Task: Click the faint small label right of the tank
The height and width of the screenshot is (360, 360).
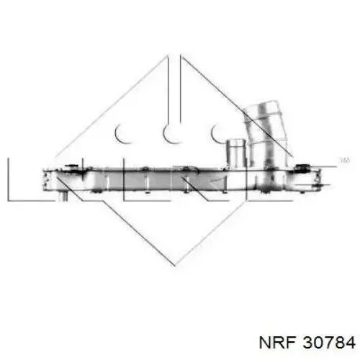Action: point(343,159)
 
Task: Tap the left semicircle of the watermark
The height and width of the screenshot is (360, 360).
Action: point(122,132)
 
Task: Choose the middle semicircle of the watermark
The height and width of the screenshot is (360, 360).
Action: point(171,132)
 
